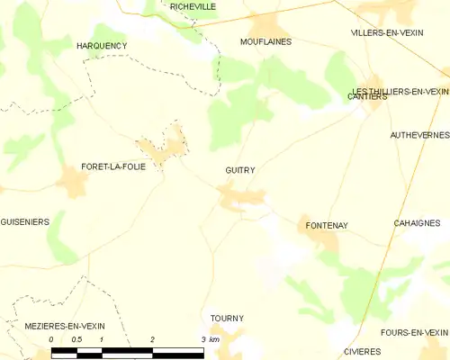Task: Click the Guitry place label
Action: (240, 170)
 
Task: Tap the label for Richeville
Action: (193, 5)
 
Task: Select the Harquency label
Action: (102, 45)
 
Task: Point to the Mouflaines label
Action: (266, 41)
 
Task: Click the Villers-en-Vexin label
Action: (387, 32)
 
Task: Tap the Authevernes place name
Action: (419, 135)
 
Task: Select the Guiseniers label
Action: (25, 221)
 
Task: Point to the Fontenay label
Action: (327, 225)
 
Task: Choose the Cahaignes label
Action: (416, 222)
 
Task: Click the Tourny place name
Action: (227, 319)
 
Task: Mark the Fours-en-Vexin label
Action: (414, 332)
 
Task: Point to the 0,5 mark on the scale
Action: (77, 340)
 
